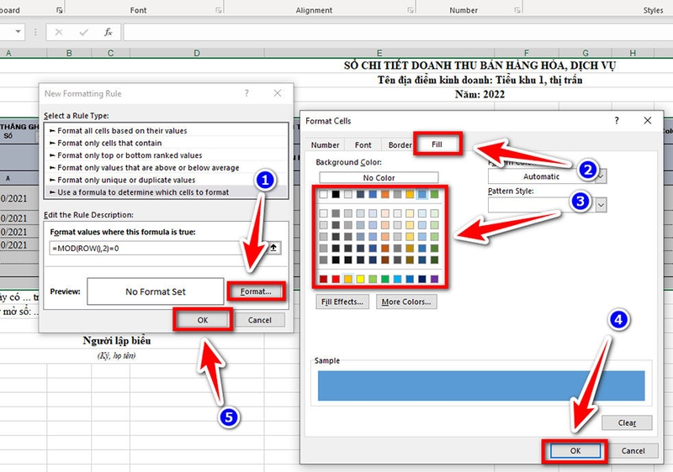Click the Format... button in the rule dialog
tap(256, 291)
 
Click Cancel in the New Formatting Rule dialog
tap(260, 320)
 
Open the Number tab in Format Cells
tap(326, 145)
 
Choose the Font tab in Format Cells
tap(363, 145)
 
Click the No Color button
tap(379, 178)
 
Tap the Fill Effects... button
tap(342, 302)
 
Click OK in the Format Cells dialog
tap(575, 451)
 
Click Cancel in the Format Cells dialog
tap(633, 451)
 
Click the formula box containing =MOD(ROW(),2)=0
tap(156, 248)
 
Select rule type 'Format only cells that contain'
tap(109, 144)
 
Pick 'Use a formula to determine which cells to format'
tap(143, 192)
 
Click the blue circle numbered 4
tap(617, 321)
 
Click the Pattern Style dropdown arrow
tap(601, 204)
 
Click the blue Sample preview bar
tap(481, 385)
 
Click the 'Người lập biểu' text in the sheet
tap(117, 340)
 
